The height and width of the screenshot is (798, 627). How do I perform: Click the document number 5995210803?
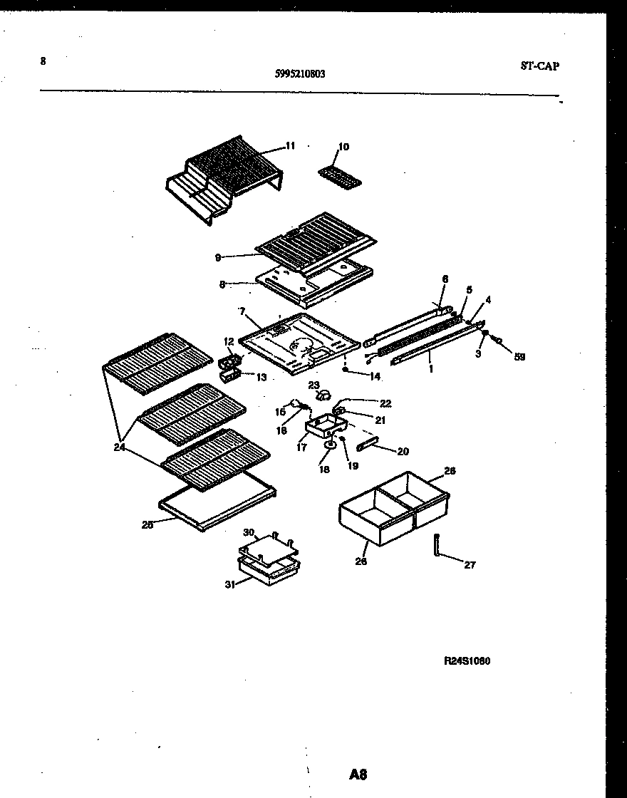299,72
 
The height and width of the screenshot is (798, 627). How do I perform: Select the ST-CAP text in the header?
539,66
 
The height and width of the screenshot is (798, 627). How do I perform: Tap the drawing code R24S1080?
467,660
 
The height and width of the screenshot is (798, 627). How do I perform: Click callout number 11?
290,146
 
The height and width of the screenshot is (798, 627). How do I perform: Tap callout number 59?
519,357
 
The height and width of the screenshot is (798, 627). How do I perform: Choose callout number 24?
118,447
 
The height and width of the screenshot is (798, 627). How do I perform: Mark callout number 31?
229,586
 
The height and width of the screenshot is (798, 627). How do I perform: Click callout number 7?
242,311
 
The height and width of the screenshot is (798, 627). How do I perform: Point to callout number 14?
375,375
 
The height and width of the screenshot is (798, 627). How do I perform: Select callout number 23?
314,385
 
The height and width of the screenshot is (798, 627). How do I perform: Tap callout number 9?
217,258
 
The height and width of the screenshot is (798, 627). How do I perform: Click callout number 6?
445,279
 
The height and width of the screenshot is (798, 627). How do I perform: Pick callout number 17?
302,448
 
